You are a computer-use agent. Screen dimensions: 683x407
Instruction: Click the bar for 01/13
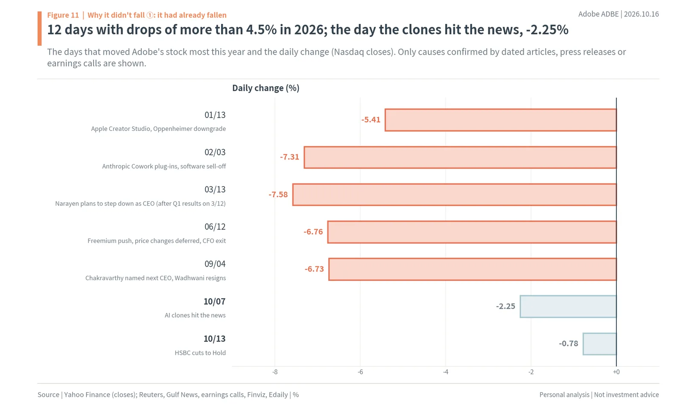501,120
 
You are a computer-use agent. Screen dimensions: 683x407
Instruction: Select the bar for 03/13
454,195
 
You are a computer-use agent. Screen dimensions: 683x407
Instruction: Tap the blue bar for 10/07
568,307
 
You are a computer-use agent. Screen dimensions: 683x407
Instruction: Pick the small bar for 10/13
600,344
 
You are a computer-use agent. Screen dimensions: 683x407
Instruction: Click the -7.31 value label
289,157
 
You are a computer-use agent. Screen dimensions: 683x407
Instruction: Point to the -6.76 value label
313,232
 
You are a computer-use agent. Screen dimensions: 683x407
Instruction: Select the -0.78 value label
568,343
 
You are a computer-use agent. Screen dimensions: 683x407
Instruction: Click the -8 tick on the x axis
275,372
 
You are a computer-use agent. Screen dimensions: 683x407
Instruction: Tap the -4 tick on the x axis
446,372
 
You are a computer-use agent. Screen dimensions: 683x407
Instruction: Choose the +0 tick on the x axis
616,372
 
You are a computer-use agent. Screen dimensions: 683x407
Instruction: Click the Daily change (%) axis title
266,88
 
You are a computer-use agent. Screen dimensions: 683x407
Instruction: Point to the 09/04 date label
215,264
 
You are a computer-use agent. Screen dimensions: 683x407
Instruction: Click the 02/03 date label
215,152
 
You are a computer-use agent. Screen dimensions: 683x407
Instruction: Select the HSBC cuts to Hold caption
200,353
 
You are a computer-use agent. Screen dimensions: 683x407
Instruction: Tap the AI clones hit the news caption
195,315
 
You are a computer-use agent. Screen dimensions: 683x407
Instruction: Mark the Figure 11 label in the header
63,15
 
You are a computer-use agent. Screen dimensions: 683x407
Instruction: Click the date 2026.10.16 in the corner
641,14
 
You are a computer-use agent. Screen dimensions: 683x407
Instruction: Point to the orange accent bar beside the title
39,29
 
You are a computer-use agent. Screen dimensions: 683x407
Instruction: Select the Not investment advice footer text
626,395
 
